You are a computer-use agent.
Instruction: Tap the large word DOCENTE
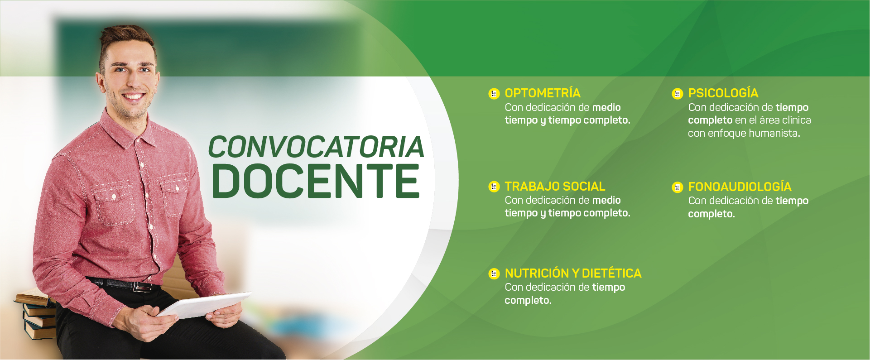(x=316, y=181)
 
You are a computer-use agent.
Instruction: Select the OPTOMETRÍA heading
(x=543, y=93)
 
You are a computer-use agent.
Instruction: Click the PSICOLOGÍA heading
(x=723, y=93)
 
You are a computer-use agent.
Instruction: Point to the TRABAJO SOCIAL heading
(x=555, y=187)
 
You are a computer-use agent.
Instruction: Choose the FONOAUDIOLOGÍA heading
(x=740, y=187)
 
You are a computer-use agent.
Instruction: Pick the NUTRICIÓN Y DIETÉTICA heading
(x=573, y=273)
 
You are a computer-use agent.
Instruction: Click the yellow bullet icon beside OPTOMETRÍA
(x=494, y=94)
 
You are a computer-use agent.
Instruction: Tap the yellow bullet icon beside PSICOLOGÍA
(x=678, y=94)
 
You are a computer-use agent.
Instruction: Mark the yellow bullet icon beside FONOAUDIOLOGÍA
(x=678, y=187)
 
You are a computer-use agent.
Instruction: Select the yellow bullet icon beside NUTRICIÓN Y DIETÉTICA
(x=494, y=274)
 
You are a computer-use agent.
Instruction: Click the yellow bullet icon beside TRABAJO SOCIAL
(x=494, y=187)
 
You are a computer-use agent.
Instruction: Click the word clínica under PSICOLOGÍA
(x=797, y=120)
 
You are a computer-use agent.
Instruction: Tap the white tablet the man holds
(x=203, y=305)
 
